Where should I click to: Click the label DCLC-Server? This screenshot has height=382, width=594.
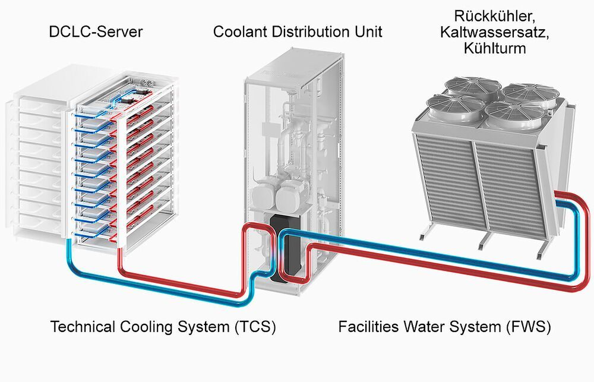pos(96,31)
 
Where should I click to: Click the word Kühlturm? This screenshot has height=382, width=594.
pos(494,48)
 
